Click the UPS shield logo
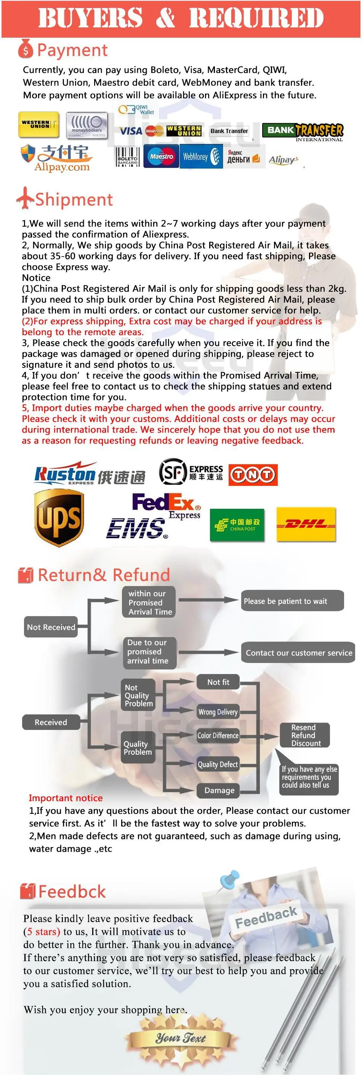[x=59, y=518]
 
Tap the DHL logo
[x=306, y=524]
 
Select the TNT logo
[x=253, y=475]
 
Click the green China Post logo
[x=237, y=525]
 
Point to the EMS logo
[x=136, y=528]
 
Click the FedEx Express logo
[x=166, y=505]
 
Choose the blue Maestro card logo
[x=161, y=157]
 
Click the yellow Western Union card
[x=38, y=125]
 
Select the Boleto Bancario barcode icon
[x=127, y=157]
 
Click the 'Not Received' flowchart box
[x=51, y=627]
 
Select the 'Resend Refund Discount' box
[x=304, y=735]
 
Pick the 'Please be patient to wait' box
[x=292, y=601]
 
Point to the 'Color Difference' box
[x=218, y=735]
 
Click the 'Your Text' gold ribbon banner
[x=181, y=1037]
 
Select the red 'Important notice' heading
[x=66, y=798]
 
